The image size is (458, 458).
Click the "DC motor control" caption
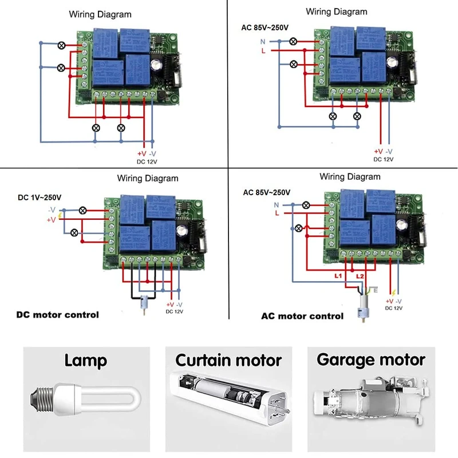tap(57, 314)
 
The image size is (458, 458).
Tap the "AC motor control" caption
tap(302, 315)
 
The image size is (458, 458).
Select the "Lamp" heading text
tap(85, 361)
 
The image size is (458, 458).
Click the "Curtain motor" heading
tap(228, 360)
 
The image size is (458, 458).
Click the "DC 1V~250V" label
tap(40, 198)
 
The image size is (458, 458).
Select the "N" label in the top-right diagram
tap(263, 41)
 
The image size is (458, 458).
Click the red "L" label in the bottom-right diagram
tap(278, 213)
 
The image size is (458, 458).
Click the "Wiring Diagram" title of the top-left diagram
tap(100, 14)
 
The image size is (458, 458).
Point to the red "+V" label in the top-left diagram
tap(141, 153)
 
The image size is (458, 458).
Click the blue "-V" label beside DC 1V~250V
tap(52, 210)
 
